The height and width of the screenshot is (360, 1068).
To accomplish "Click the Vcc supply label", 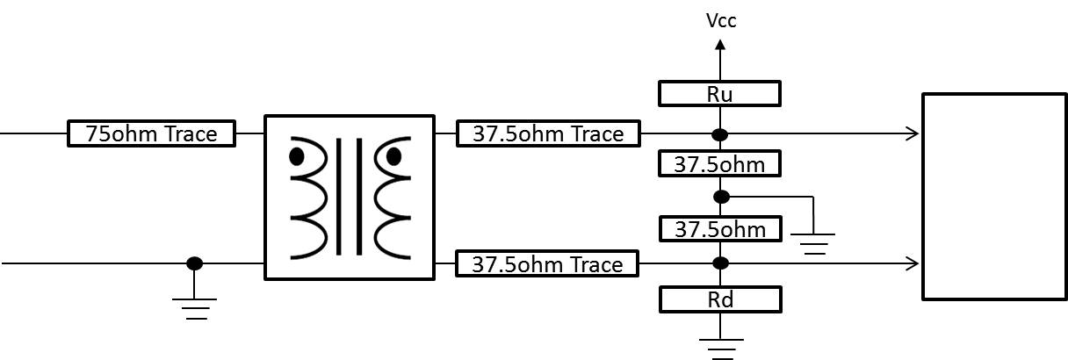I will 721,20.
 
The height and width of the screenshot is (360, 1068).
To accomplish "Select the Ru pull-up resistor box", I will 720,93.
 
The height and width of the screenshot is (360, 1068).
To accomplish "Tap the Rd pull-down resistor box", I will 720,300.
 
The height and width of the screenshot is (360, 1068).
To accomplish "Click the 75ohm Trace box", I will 152,133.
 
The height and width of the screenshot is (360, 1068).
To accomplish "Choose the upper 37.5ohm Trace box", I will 549,133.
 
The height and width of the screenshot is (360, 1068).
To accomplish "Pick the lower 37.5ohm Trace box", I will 549,263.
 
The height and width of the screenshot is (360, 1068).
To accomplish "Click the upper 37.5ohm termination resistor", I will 720,163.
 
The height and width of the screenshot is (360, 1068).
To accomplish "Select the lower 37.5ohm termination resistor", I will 720,229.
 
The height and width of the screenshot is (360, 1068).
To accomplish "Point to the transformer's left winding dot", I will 297,157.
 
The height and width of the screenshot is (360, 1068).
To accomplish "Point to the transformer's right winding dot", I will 393,157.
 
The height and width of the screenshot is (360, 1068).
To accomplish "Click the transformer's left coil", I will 309,198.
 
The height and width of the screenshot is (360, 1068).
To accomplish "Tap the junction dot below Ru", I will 720,134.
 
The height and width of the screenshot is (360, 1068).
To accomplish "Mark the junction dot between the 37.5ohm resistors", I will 720,196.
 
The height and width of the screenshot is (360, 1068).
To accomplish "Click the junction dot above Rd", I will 720,263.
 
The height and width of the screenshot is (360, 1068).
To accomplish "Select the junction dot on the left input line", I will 194,263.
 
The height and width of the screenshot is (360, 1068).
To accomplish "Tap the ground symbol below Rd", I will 720,348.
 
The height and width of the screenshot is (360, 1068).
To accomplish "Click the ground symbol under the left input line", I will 194,308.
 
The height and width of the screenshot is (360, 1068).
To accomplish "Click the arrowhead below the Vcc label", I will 720,48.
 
